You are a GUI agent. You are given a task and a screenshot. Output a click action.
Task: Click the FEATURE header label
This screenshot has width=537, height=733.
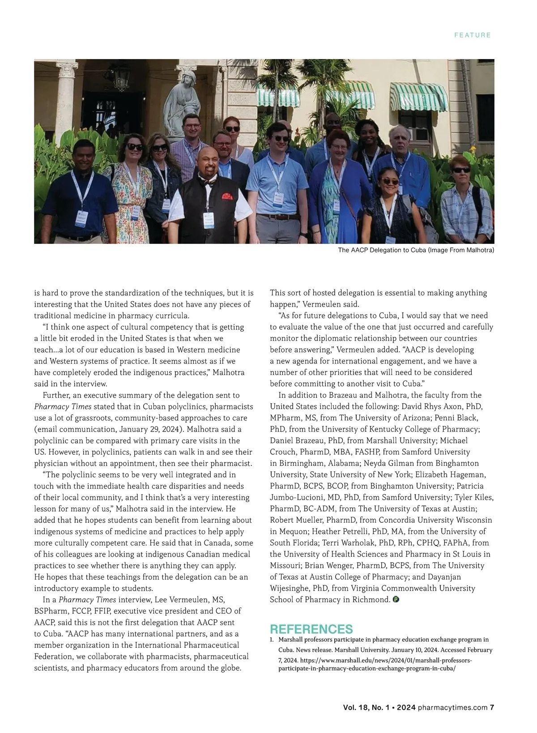point(472,35)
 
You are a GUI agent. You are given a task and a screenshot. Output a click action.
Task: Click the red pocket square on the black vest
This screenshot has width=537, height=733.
point(227,196)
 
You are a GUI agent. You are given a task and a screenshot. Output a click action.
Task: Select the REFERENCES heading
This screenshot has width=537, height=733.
point(311,629)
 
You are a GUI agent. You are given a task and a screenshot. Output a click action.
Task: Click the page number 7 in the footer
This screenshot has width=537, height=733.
point(492,707)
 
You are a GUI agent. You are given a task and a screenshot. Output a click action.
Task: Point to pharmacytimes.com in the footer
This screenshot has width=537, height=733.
point(452,707)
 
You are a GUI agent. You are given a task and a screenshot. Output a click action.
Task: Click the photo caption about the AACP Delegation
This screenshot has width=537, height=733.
point(416,250)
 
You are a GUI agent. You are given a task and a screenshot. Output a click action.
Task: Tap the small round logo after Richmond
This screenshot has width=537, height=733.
point(396,600)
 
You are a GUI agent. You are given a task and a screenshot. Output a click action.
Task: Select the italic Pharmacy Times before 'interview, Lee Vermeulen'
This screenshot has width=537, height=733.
point(87,600)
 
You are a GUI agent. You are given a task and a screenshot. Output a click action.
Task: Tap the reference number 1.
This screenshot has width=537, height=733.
point(272,640)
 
